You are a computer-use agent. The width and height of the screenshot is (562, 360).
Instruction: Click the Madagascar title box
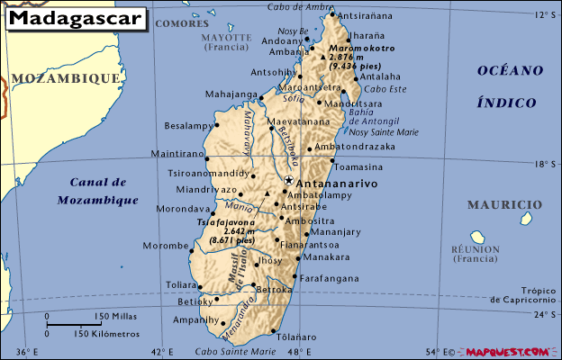[x=75, y=18]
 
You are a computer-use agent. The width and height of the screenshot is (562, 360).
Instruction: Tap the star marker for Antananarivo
[x=288, y=181]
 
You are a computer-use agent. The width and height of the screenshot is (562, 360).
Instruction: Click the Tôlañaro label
[x=297, y=337]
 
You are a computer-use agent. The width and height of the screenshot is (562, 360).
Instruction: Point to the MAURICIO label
[x=510, y=204]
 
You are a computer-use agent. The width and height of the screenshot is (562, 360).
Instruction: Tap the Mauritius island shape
[x=524, y=219]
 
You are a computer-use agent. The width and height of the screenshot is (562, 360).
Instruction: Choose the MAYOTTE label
[x=226, y=38]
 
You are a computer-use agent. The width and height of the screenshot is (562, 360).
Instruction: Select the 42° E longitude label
[x=161, y=351]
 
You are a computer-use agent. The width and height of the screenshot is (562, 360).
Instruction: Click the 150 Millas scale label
[x=115, y=317]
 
